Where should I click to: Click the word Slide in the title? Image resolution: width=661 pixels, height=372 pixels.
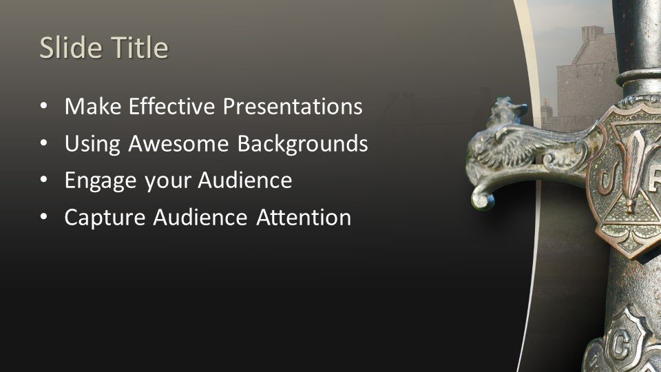pyautogui.click(x=70, y=48)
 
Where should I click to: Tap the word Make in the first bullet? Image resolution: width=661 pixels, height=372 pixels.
pyautogui.click(x=93, y=106)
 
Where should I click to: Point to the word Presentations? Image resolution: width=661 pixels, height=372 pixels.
pyautogui.click(x=293, y=106)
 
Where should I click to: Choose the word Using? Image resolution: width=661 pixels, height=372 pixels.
pyautogui.click(x=93, y=144)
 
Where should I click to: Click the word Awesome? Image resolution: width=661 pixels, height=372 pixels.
pyautogui.click(x=179, y=143)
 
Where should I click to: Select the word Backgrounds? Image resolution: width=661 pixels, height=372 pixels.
pyautogui.click(x=303, y=144)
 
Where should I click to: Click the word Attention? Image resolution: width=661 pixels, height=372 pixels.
pyautogui.click(x=304, y=218)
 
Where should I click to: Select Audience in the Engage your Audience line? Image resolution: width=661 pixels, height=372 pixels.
pyautogui.click(x=244, y=180)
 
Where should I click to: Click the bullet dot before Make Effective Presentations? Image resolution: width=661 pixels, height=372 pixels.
pyautogui.click(x=44, y=106)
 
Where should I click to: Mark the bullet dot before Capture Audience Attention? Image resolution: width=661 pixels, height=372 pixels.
pyautogui.click(x=44, y=218)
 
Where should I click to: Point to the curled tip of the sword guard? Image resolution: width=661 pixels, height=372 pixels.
pyautogui.click(x=482, y=200)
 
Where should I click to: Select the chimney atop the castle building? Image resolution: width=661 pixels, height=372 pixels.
pyautogui.click(x=592, y=33)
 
